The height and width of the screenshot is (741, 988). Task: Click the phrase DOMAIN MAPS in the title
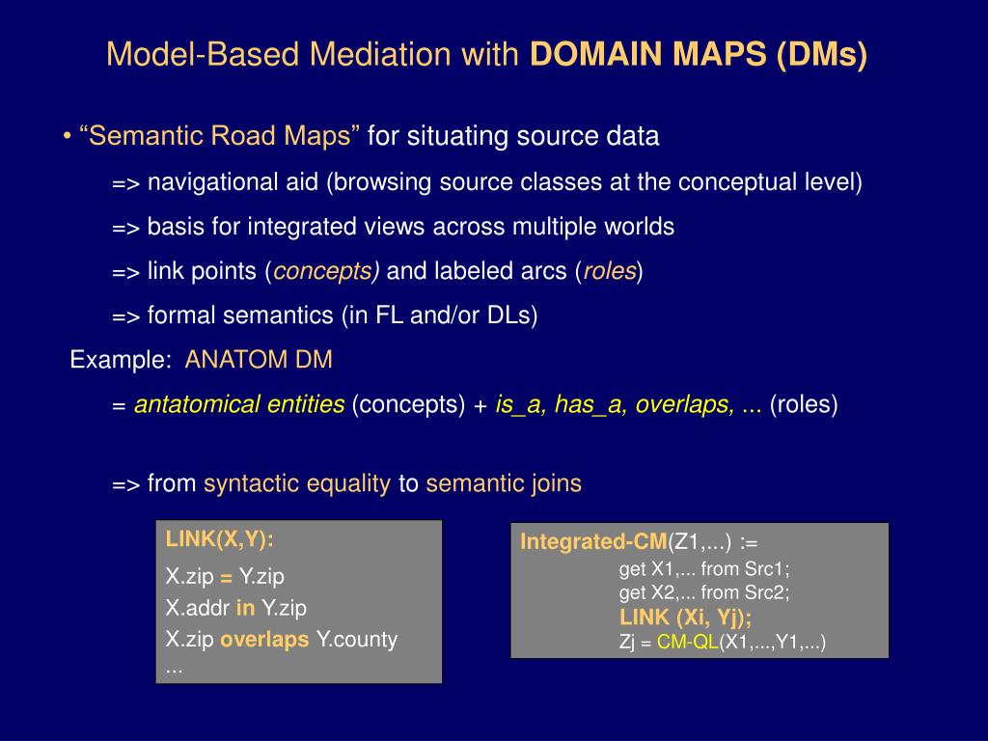[x=647, y=55]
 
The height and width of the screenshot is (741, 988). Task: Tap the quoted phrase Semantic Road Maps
[x=220, y=137]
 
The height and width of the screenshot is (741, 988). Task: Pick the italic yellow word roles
[x=609, y=272]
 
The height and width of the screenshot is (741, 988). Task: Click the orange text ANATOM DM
[x=259, y=361]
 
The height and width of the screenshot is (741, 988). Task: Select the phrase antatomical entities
[x=239, y=405]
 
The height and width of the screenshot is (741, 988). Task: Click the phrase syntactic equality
[x=297, y=484]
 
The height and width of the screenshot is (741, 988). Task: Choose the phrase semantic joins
[x=504, y=484]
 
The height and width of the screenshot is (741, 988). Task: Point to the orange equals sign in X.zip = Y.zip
[x=226, y=577]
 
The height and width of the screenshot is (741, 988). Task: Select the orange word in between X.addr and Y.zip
[x=245, y=609]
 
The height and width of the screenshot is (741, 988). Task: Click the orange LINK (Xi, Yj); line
[x=685, y=617]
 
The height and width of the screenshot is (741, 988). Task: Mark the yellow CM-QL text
[x=688, y=642]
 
